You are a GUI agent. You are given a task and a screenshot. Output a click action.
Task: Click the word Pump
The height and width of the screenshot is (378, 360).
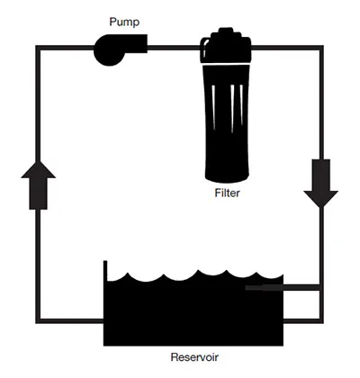pyautogui.click(x=124, y=22)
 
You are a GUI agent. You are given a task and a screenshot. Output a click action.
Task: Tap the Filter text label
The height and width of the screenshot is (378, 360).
pyautogui.click(x=227, y=193)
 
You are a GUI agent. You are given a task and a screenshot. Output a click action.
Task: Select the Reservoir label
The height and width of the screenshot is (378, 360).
pyautogui.click(x=194, y=357)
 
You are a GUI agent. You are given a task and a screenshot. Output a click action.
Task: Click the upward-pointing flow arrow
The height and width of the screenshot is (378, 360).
pyautogui.click(x=38, y=185)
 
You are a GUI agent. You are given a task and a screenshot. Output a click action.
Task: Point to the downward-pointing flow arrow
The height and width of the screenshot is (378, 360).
pyautogui.click(x=321, y=183)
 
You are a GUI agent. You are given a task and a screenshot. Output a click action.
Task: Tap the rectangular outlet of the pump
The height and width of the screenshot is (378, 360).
pyautogui.click(x=137, y=43)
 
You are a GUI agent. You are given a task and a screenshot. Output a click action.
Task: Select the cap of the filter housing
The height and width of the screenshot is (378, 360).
pyautogui.click(x=226, y=46)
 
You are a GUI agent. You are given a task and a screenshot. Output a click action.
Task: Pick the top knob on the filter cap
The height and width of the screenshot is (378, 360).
pyautogui.click(x=226, y=31)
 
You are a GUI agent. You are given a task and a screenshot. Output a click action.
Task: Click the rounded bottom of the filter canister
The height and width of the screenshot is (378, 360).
pyautogui.click(x=227, y=177)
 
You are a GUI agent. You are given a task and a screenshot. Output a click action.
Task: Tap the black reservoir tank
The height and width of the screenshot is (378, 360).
pyautogui.click(x=193, y=312)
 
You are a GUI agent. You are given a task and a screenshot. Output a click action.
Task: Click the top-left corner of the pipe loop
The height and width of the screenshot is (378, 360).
pyautogui.click(x=38, y=48)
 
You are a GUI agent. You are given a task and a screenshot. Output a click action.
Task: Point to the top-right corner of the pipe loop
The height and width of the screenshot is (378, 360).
pyautogui.click(x=321, y=48)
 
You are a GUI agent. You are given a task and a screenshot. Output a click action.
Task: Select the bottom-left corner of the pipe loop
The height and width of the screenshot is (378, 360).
pyautogui.click(x=38, y=321)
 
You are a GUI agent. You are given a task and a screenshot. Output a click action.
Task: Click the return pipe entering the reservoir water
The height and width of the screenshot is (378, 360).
pyautogui.click(x=283, y=288)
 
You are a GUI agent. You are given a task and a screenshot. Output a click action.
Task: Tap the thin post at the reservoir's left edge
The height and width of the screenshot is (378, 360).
pyautogui.click(x=105, y=270)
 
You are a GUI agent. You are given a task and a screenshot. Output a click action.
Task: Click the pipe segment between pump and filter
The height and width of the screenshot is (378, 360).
pyautogui.click(x=174, y=48)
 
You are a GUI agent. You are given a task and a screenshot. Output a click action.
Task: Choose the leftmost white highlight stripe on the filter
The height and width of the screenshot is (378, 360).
pyautogui.click(x=213, y=107)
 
